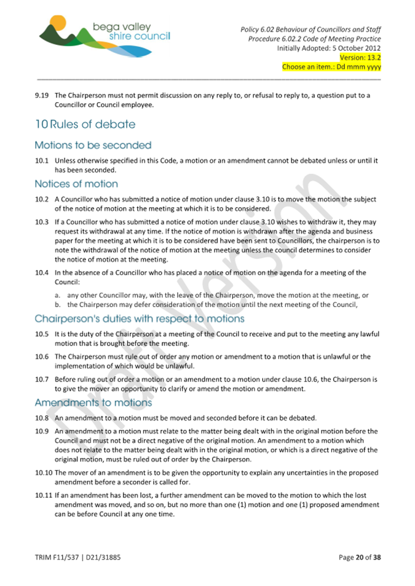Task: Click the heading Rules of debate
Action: tap(85, 124)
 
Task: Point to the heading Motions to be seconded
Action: tap(93, 146)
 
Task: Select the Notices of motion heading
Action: tap(76, 184)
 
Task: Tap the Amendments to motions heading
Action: tap(93, 403)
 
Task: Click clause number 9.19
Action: tap(42, 95)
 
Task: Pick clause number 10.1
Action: tap(42, 161)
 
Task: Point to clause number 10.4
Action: tap(42, 272)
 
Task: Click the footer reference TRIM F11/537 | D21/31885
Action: tap(77, 558)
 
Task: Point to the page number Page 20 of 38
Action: tap(360, 558)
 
